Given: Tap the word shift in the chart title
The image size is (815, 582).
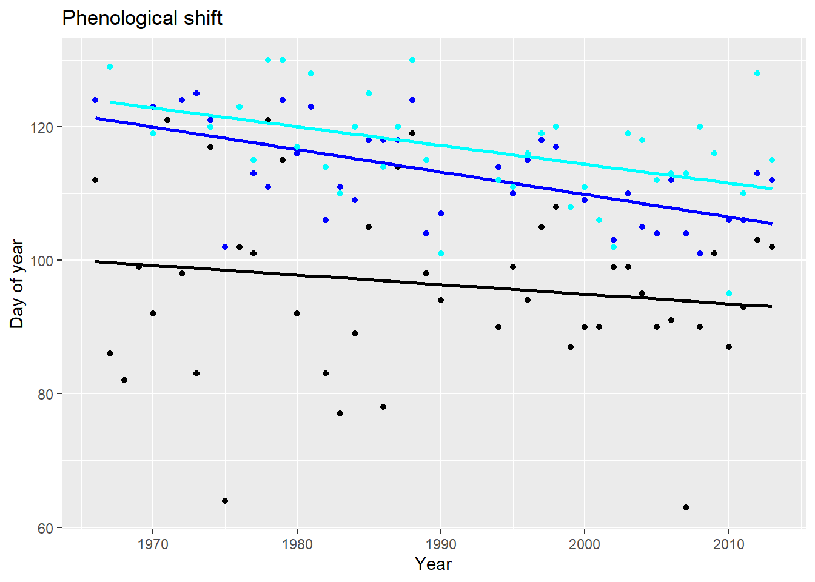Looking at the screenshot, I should pos(204,18).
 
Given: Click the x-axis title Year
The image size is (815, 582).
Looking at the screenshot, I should pos(433,564).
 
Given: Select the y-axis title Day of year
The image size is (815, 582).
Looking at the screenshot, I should pos(16,284).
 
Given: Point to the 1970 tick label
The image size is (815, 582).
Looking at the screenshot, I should pos(153,544).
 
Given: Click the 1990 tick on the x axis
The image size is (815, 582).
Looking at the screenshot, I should pos(441,544).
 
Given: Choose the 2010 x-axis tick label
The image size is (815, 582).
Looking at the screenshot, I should pos(729,544).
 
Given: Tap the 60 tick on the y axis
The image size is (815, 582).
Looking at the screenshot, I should pos(46,528).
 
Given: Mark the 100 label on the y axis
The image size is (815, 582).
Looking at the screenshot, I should pos(43,261).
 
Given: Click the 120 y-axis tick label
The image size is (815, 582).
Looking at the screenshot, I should pos(43,127).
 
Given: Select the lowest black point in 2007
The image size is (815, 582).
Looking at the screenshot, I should pos(686,507).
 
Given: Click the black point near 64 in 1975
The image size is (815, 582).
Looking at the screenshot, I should pos(225,501).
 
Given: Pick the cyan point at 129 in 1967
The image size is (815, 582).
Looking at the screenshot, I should pos(110,67).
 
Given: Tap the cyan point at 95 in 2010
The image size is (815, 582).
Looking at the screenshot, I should pos(729,293).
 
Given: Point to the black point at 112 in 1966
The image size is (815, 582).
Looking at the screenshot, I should pos(95,180).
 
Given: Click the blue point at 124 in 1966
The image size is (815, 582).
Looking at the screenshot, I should pos(95,100).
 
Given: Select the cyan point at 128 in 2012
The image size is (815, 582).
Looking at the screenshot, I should pos(757,73).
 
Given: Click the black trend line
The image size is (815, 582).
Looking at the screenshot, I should pos(424,283).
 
